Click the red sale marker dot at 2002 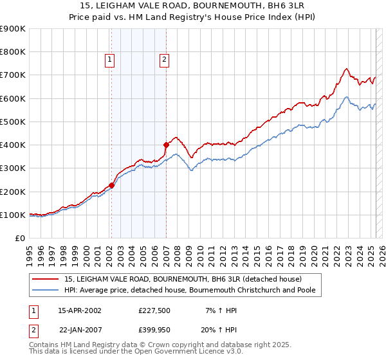[x=111, y=185]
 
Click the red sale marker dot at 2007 [x=166, y=145]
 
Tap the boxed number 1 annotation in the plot [x=110, y=60]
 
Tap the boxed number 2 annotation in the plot [x=165, y=60]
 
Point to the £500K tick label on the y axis [x=13, y=122]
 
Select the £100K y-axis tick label [x=13, y=215]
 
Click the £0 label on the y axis [x=19, y=239]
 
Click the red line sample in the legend [x=46, y=279]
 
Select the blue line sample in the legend [x=46, y=290]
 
